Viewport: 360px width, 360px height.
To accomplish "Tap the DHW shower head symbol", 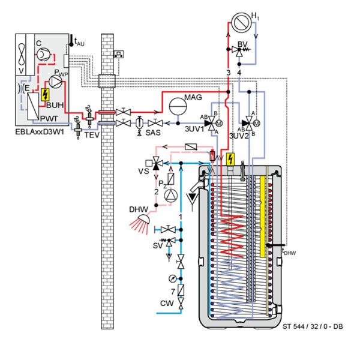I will (x=140, y=223).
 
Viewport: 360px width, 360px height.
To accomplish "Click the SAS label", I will (x=153, y=132).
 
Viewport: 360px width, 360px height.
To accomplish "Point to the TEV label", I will (x=89, y=136).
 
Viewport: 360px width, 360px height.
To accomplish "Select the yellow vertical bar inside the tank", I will (x=262, y=216).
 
